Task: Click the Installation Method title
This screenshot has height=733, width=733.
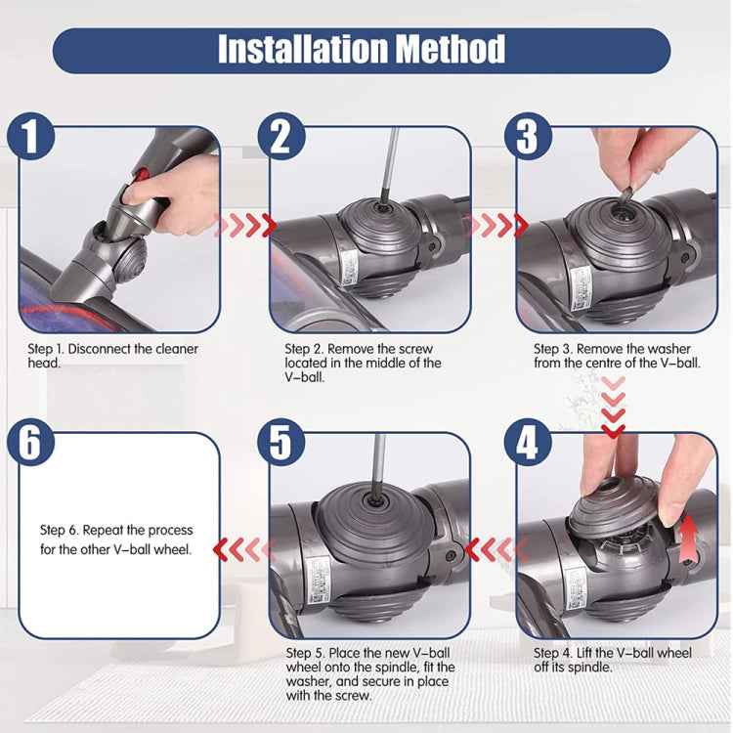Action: (362, 49)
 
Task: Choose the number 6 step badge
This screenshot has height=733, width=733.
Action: (31, 443)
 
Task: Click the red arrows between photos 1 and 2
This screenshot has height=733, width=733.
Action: (245, 227)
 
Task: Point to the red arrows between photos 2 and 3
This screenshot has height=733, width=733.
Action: (493, 227)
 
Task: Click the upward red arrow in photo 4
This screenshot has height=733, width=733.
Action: (690, 535)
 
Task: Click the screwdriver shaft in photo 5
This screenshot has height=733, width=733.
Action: (379, 464)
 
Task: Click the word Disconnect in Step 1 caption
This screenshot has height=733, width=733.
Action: (109, 349)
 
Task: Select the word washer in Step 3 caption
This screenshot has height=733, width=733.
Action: (669, 349)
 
